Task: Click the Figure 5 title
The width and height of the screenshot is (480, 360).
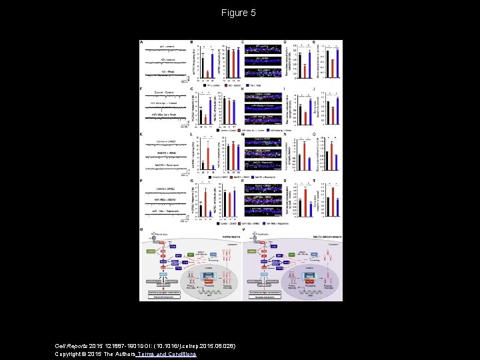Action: coord(239,13)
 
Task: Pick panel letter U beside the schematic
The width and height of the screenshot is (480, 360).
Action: coord(141,229)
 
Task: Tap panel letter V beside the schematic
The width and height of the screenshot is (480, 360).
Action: coord(243,229)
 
